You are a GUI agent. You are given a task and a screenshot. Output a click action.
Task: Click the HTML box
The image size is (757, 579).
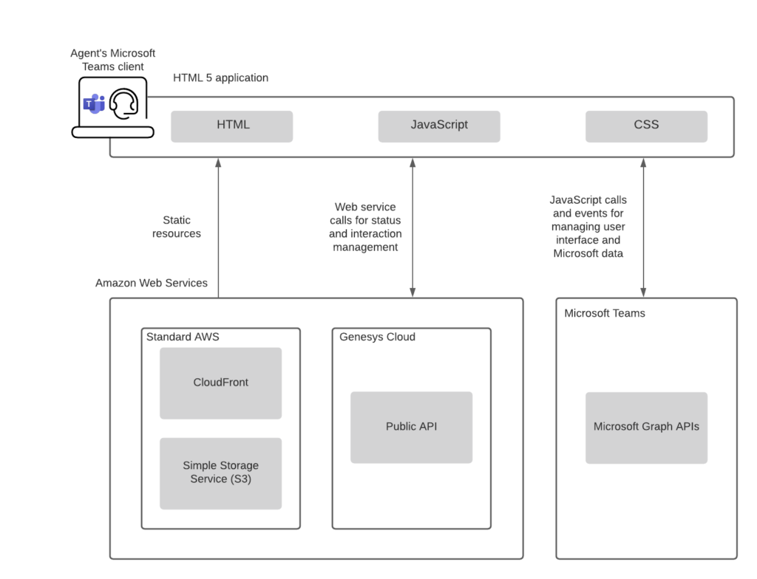point(231,126)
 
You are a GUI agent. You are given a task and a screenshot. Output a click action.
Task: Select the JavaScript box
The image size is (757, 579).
point(439,126)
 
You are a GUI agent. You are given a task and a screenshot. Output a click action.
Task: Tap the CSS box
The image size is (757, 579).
point(646,126)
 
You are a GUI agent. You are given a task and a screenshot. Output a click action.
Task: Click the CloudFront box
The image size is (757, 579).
point(220,383)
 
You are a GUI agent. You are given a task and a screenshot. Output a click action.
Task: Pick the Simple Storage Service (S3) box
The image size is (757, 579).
point(220,473)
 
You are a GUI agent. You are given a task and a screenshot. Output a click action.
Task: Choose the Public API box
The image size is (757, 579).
point(411,427)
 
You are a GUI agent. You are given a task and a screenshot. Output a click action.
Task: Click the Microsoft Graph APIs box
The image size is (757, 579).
point(646,427)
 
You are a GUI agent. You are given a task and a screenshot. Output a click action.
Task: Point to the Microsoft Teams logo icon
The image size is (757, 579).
point(93,104)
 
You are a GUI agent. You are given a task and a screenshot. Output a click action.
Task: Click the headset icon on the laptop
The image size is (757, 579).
point(123,104)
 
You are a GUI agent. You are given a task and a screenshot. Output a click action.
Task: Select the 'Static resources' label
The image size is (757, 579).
point(177,227)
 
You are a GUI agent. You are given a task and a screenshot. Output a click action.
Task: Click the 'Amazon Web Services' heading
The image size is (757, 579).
point(152,283)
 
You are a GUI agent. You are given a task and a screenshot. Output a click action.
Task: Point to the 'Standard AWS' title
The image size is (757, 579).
point(183,337)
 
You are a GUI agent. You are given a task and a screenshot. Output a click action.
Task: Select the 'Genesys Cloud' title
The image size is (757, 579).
point(377,337)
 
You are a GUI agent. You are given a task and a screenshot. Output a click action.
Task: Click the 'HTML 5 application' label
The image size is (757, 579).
point(220,78)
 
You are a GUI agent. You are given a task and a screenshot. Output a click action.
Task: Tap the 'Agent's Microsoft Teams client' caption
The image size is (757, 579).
point(112,60)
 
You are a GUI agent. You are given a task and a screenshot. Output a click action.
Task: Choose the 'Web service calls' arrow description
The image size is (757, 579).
point(365,227)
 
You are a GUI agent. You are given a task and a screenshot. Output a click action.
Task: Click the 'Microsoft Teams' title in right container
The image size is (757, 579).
point(604,313)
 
